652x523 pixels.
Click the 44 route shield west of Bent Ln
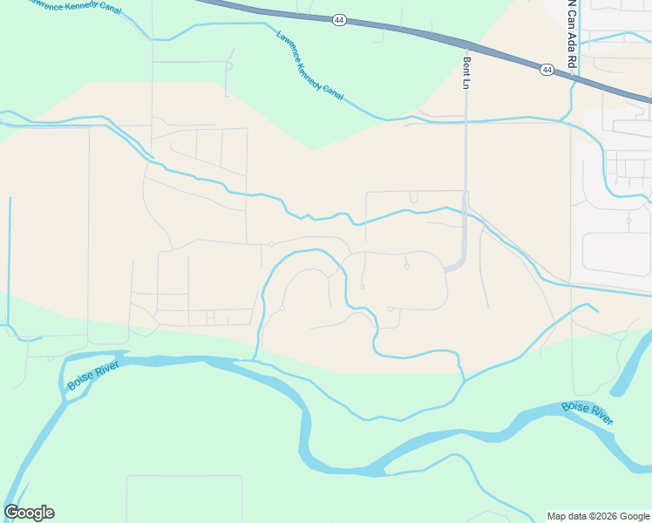coord(339,19)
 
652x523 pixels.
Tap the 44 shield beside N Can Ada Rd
coord(546,70)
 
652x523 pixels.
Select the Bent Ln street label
coord(467,73)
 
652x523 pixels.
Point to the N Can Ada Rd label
coord(573,24)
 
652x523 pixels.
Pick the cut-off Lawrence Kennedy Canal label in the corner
coord(74,7)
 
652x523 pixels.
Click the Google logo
coord(29,513)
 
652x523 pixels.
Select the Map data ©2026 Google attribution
coord(598,516)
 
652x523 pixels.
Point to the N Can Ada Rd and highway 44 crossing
coord(573,76)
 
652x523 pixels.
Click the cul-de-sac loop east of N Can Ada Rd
coord(628,220)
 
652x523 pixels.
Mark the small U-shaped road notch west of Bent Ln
coord(413,196)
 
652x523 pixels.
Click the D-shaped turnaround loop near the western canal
coord(229,64)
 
